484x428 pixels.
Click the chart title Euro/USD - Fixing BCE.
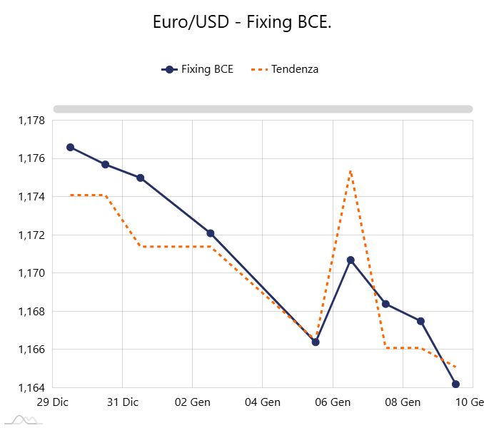[x=242, y=22]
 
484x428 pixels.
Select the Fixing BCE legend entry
[x=198, y=69]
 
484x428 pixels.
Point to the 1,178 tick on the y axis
[x=31, y=121]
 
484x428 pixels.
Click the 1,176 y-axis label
[x=31, y=158]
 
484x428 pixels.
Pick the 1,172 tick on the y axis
[x=31, y=235]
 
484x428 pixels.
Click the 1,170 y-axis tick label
[x=31, y=273]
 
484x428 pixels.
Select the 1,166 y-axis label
[x=31, y=350]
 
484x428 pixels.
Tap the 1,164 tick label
[x=31, y=388]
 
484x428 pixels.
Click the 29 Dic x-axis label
[x=53, y=402]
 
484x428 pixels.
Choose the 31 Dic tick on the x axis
[x=123, y=402]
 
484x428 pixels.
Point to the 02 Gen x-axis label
[x=193, y=402]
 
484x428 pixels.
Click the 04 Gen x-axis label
[x=262, y=402]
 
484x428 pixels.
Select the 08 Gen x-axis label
[x=403, y=402]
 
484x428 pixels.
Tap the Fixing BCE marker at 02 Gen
[x=211, y=233]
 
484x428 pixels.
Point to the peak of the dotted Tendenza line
[x=351, y=170]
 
